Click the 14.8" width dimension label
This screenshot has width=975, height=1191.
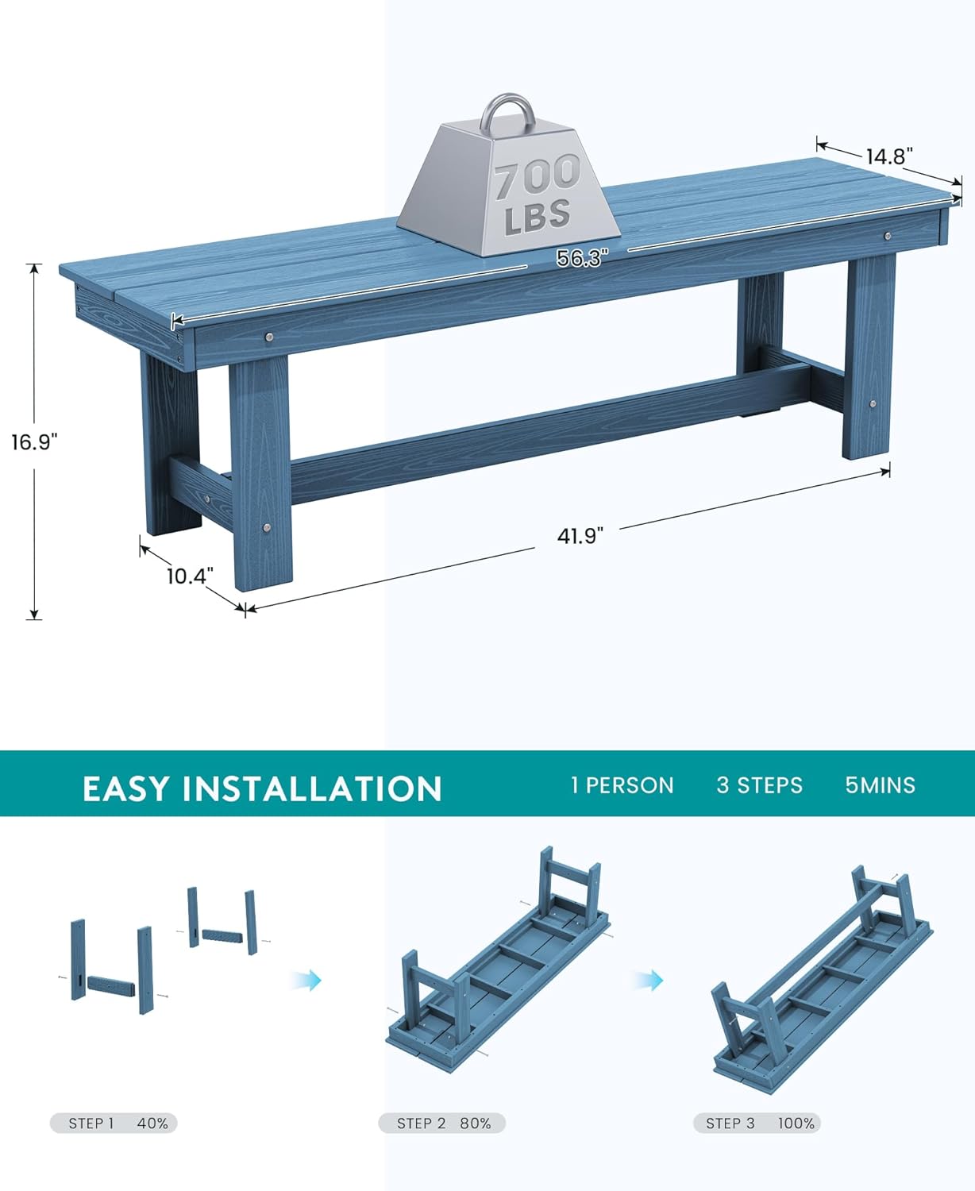pos(889,156)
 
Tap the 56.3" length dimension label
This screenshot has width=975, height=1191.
pos(581,258)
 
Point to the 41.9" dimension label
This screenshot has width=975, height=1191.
pos(580,536)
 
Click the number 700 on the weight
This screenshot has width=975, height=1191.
pos(538,176)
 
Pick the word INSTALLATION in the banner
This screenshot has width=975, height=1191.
pos(312,788)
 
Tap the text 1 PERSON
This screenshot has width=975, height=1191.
pos(622,785)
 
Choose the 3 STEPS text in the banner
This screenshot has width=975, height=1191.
pos(759,785)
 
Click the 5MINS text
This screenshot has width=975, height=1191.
pos(880,785)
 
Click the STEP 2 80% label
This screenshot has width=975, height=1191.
pos(442,1124)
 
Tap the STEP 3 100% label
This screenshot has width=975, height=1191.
pos(757,1124)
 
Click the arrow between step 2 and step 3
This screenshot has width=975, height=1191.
pos(648,980)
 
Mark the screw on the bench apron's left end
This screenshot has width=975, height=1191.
pos(269,337)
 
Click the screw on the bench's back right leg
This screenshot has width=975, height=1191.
pos(873,404)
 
